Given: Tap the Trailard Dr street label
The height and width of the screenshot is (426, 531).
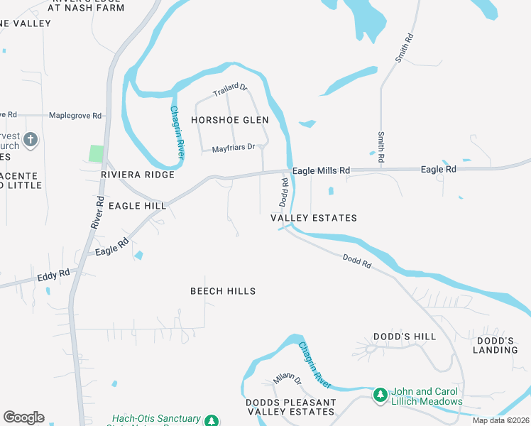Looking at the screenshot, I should pos(230,91).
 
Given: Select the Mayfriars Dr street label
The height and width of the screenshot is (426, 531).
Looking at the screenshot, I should pos(233,148).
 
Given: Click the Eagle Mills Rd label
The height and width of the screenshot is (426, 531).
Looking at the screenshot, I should pos(322,170).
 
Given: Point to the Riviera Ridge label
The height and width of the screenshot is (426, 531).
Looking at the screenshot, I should pos(138,175).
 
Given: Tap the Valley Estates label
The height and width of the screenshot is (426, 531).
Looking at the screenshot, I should pos(314,218).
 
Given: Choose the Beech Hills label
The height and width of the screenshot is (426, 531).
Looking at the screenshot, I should pos(223,291).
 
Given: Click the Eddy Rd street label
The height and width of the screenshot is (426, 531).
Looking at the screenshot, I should pos(54,273).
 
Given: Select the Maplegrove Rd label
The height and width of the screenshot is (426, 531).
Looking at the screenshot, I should pos(75,115).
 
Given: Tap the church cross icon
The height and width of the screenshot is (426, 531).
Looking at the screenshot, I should pos(31,139).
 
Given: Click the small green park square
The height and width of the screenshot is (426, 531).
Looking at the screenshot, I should pos(96,153).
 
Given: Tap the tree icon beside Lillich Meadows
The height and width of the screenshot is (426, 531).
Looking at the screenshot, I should pos(381,394).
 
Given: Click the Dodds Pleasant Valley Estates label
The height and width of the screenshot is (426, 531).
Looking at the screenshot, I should pos(290,408).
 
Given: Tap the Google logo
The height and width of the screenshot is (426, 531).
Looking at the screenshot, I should pos(23,417).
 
